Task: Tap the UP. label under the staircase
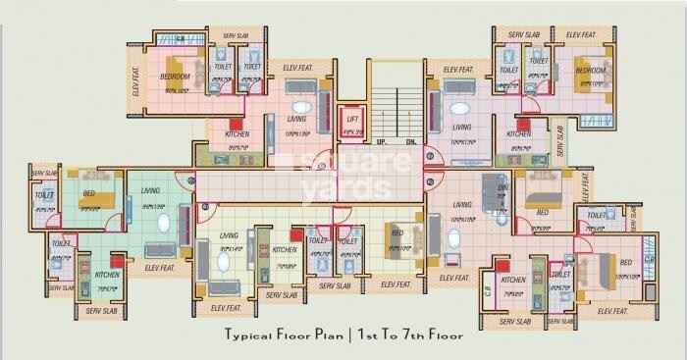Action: click(x=382, y=142)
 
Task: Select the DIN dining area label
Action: click(x=502, y=187)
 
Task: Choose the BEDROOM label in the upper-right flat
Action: click(x=589, y=71)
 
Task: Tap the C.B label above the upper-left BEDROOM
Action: click(x=180, y=38)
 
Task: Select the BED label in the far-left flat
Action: click(x=89, y=194)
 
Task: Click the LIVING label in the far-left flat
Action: click(x=150, y=190)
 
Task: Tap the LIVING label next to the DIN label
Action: click(x=461, y=204)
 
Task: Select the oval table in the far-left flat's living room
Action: click(x=163, y=223)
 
